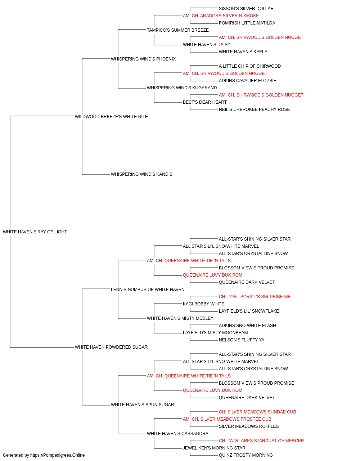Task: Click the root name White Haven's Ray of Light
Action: pyautogui.click(x=35, y=232)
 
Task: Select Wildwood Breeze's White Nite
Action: pyautogui.click(x=111, y=117)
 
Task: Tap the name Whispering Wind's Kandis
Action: pyautogui.click(x=141, y=174)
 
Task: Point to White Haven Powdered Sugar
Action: pyautogui.click(x=111, y=347)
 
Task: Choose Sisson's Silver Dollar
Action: pyautogui.click(x=246, y=9)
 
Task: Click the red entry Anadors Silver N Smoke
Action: pyautogui.click(x=221, y=16)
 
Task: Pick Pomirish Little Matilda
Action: pyautogui.click(x=247, y=23)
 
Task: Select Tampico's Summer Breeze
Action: pyautogui.click(x=178, y=30)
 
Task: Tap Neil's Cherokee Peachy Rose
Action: pyautogui.click(x=254, y=109)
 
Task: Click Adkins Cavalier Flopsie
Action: pyautogui.click(x=247, y=81)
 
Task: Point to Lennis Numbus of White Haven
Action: pyautogui.click(x=148, y=290)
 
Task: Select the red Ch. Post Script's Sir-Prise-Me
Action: pyautogui.click(x=255, y=297)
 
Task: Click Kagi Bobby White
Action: pyautogui.click(x=203, y=304)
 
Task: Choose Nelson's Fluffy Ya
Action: pyautogui.click(x=242, y=340)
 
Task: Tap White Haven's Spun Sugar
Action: pyautogui.click(x=142, y=405)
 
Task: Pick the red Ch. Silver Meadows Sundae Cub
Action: pyautogui.click(x=257, y=412)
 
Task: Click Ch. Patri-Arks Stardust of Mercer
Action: pyautogui.click(x=261, y=441)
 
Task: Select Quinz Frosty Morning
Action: pyautogui.click(x=246, y=455)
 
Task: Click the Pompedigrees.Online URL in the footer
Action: pyautogui.click(x=57, y=455)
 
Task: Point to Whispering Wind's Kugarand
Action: pyautogui.click(x=182, y=88)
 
